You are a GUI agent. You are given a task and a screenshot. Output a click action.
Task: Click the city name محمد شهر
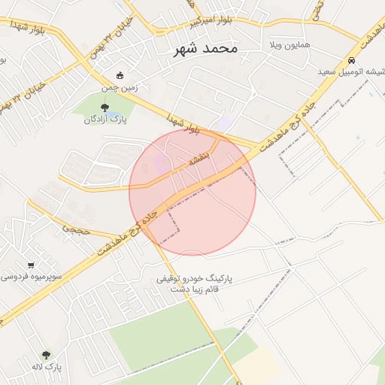[x=205, y=48]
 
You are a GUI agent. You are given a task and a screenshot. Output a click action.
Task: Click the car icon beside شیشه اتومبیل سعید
[x=351, y=60]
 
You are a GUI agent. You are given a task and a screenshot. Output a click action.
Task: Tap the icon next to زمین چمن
[x=120, y=75]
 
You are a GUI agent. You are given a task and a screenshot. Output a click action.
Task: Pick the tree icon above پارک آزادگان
[x=105, y=107]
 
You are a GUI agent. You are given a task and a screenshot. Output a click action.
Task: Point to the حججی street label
[x=76, y=227]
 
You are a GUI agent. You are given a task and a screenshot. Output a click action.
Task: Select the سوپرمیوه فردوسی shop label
[x=31, y=277]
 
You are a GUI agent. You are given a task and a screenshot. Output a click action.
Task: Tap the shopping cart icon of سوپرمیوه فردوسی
[x=31, y=265]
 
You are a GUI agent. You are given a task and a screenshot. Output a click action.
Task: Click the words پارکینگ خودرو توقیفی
[x=195, y=278]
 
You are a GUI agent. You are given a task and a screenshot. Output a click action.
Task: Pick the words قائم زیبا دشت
[x=195, y=290]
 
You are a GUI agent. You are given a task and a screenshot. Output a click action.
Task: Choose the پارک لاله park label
[x=47, y=367]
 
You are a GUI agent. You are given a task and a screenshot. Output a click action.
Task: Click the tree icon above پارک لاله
[x=47, y=355]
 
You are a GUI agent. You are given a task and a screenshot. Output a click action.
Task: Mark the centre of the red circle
[x=192, y=192]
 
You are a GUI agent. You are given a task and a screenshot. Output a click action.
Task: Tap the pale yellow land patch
[x=256, y=364]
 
